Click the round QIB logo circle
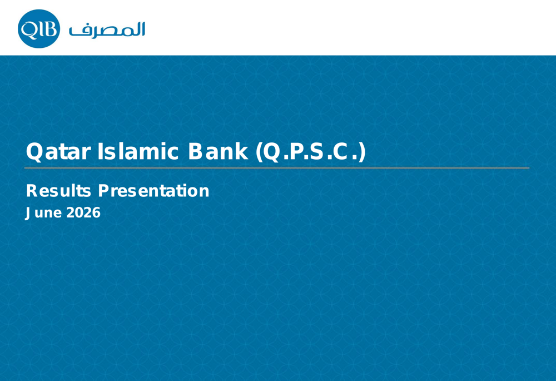coord(39,29)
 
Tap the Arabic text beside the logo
coord(107,29)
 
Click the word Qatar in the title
coord(58,152)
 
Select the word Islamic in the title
coord(137,151)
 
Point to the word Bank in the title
coord(218,151)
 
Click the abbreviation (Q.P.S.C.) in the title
coord(310,152)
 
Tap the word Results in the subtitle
coord(58,190)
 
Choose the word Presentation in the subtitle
coord(153,190)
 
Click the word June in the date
coord(43,212)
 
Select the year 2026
coord(83,212)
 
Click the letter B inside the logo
coord(51,28)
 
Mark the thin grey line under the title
coord(276,168)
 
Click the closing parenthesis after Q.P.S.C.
coord(362,152)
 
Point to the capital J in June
coord(27,213)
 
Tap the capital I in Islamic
coord(100,151)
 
